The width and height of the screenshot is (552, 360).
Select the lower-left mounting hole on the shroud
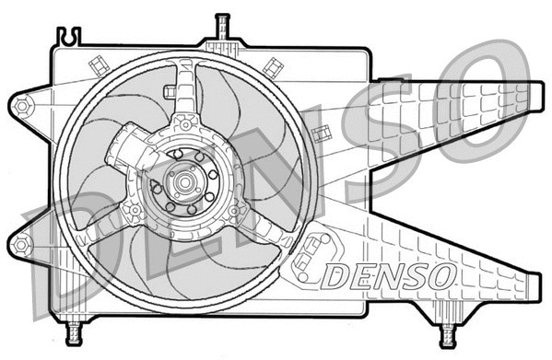point(21,244)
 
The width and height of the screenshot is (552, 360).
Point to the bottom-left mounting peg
point(75,330)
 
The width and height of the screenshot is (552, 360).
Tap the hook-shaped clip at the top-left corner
point(67,37)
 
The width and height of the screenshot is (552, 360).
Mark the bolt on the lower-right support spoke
point(236,211)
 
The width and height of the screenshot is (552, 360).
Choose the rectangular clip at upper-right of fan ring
point(272,66)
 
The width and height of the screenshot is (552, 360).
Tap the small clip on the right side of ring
point(322,134)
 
